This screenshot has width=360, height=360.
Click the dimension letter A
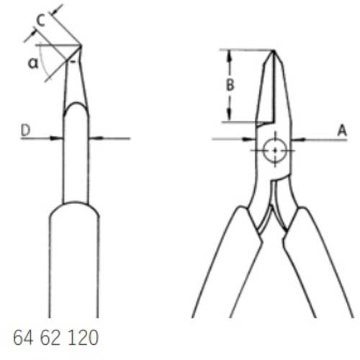[x=342, y=130]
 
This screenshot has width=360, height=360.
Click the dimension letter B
[x=230, y=85]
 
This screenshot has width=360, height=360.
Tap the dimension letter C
[x=40, y=20]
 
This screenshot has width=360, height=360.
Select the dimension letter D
[x=26, y=130]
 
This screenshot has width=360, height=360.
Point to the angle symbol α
[x=33, y=63]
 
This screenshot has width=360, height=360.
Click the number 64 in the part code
[x=23, y=338]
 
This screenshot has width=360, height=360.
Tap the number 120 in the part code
[x=84, y=338]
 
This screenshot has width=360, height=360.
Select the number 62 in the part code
[x=50, y=338]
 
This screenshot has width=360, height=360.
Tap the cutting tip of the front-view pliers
[x=274, y=50]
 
